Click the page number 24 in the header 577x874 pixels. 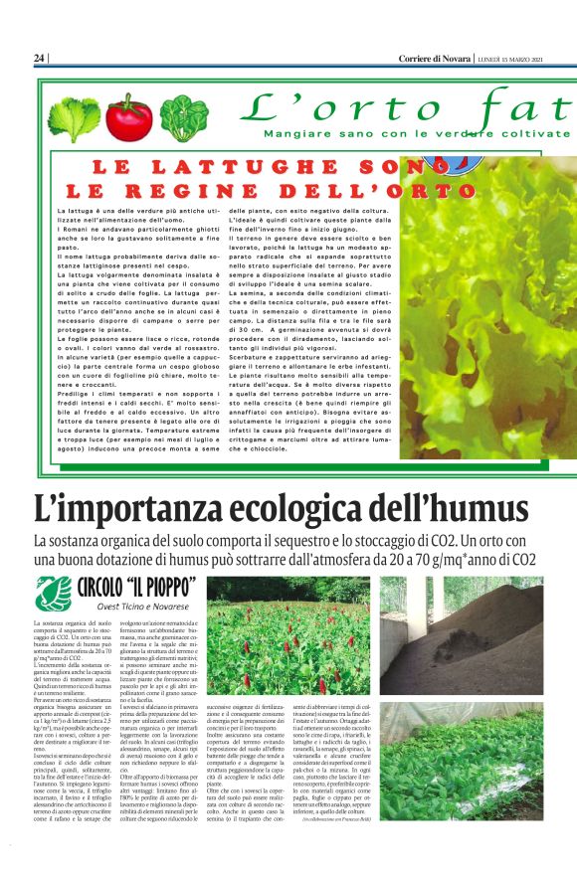[40, 59]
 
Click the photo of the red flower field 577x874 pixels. [300, 635]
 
